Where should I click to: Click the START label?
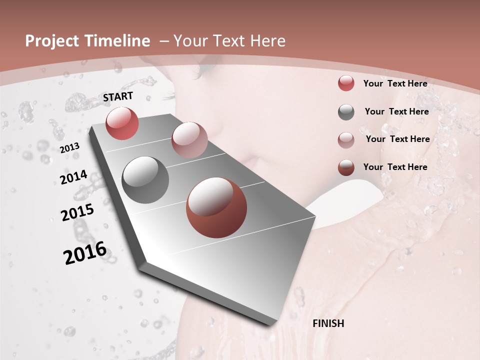point(118,96)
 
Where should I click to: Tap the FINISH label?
point(328,323)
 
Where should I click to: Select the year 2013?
point(70,147)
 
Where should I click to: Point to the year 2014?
point(73,177)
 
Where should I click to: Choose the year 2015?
point(77,212)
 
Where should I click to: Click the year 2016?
point(85,252)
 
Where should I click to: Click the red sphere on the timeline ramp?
point(122,123)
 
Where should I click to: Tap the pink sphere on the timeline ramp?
point(189,140)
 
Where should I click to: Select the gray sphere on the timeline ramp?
point(145,180)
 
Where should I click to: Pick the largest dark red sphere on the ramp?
point(216,207)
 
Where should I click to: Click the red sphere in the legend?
point(346,83)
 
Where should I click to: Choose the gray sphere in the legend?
point(346,112)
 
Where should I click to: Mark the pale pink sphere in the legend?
point(346,140)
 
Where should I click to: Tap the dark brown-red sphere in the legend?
point(346,167)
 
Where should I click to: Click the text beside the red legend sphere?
point(395,83)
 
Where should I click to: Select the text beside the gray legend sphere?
point(396,111)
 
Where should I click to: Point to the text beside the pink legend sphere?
point(397,139)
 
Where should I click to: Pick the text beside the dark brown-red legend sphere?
point(395,167)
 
